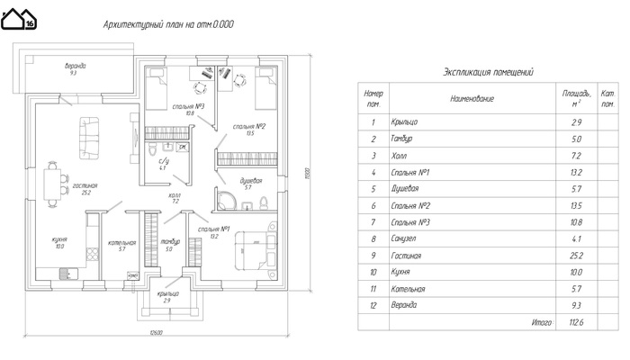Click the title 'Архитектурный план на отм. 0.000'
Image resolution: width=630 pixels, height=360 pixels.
(x=168, y=25)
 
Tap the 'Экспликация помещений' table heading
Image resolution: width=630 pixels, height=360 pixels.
(x=490, y=71)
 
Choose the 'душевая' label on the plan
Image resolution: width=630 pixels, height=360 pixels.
(x=250, y=182)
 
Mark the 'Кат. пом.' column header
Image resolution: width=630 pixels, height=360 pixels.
(x=607, y=97)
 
